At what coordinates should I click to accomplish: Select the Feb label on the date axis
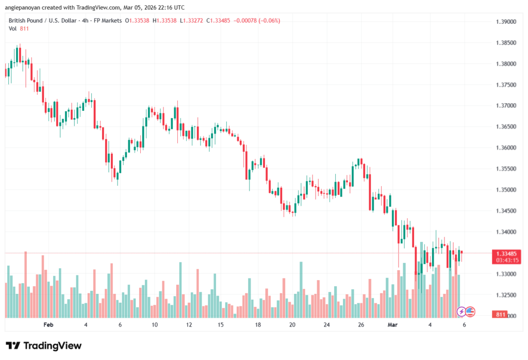48,325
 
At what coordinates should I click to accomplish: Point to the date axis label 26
361,325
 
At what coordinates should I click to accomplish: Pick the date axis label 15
221,325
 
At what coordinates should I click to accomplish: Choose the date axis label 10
154,325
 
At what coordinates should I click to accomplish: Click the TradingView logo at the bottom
43,346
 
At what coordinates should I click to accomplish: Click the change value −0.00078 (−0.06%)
257,21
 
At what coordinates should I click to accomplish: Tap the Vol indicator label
13,28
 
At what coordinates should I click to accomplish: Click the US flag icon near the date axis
470,312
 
